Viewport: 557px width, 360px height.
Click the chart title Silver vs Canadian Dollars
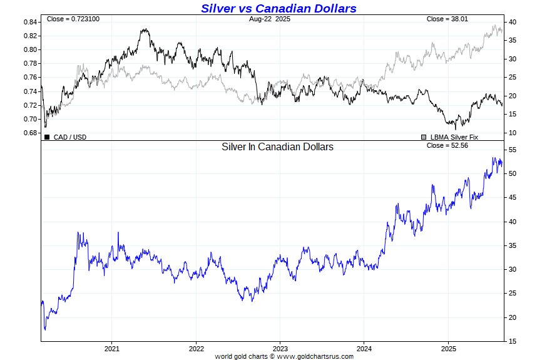(x=278, y=8)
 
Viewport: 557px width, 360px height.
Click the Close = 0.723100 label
(x=73, y=19)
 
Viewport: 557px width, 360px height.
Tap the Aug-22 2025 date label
(x=269, y=19)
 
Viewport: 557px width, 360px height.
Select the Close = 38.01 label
(x=447, y=19)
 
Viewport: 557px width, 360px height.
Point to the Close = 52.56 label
(x=447, y=146)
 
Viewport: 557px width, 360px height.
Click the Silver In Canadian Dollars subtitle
(x=277, y=147)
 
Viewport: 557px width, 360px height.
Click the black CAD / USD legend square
(x=47, y=136)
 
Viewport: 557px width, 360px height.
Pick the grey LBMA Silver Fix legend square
(x=424, y=136)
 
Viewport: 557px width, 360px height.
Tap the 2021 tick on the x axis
(x=111, y=348)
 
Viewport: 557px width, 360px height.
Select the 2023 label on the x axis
(x=280, y=348)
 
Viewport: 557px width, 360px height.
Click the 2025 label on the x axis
(x=449, y=348)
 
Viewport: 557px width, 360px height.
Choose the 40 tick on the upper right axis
(x=511, y=22)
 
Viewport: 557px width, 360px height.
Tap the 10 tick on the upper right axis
(x=511, y=133)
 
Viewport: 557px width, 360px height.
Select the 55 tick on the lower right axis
(x=511, y=150)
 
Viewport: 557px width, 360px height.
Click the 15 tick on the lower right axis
(x=511, y=341)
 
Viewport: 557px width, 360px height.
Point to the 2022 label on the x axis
(x=196, y=348)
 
